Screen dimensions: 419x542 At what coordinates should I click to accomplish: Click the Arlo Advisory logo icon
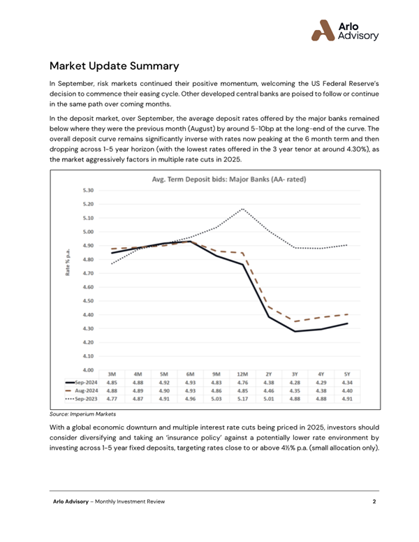pyautogui.click(x=323, y=31)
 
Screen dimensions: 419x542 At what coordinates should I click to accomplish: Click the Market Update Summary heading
pyautogui.click(x=114, y=66)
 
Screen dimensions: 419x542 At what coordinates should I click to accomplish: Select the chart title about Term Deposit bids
pyautogui.click(x=229, y=180)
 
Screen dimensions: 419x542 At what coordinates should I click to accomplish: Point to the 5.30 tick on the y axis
pyautogui.click(x=88, y=190)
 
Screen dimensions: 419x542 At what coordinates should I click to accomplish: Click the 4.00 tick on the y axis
pyautogui.click(x=88, y=370)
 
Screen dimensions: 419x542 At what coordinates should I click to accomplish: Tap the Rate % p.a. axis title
pyautogui.click(x=68, y=262)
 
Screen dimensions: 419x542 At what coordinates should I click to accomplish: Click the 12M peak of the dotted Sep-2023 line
pyautogui.click(x=243, y=209)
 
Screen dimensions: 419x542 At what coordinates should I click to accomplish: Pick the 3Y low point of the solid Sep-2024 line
pyautogui.click(x=295, y=331)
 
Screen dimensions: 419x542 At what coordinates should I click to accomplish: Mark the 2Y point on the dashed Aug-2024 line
pyautogui.click(x=269, y=306)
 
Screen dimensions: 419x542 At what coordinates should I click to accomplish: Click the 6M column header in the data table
pyautogui.click(x=190, y=374)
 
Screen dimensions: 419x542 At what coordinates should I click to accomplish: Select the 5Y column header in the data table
pyautogui.click(x=347, y=374)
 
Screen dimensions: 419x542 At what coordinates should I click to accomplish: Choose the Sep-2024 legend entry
pyautogui.click(x=82, y=382)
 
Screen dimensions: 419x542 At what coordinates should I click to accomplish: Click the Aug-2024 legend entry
pyautogui.click(x=82, y=390)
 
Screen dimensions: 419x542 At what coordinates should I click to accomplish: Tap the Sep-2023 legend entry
pyautogui.click(x=82, y=399)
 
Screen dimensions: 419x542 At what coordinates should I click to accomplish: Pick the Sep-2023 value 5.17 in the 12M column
pyautogui.click(x=243, y=399)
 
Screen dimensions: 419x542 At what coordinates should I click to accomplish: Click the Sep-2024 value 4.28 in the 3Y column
pyautogui.click(x=295, y=382)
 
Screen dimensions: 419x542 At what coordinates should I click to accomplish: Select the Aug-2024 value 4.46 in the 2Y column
pyautogui.click(x=269, y=390)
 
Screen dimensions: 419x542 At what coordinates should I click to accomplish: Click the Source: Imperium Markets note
pyautogui.click(x=82, y=414)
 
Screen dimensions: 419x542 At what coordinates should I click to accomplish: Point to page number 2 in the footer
pyautogui.click(x=374, y=501)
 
